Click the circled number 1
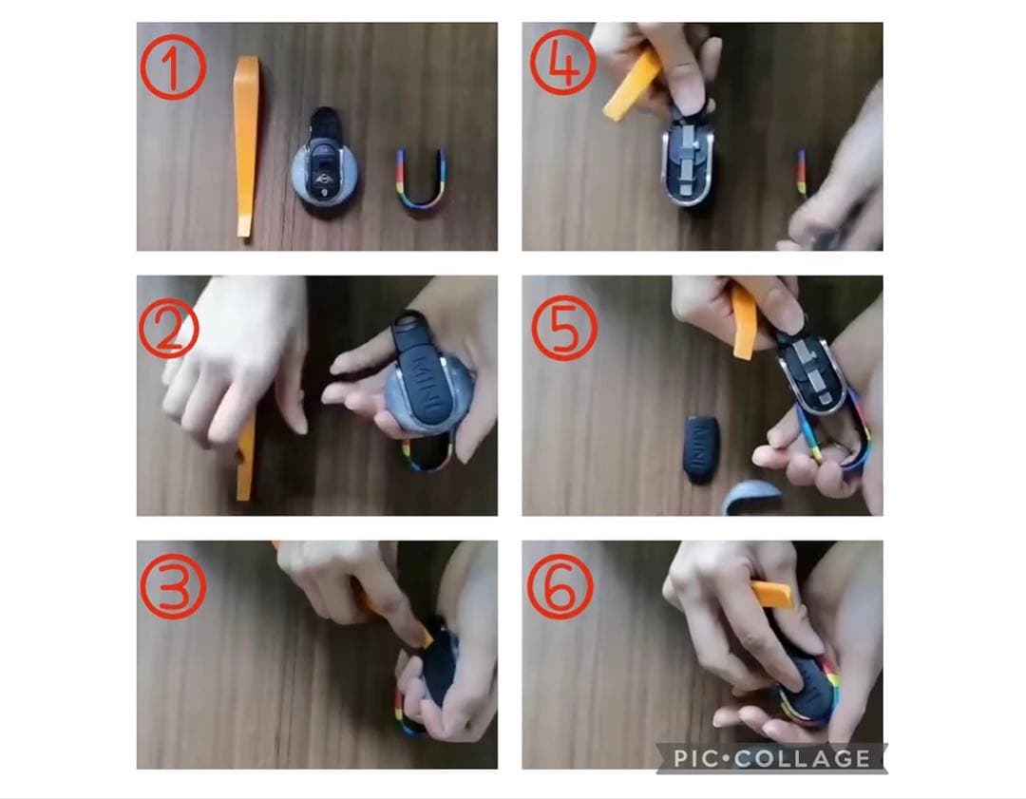pos(174,67)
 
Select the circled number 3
pos(174,585)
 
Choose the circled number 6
pos(560,586)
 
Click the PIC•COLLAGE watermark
pos(772,758)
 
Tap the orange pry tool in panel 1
pos(245,147)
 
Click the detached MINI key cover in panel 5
pos(702,449)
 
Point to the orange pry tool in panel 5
pos(745,324)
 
